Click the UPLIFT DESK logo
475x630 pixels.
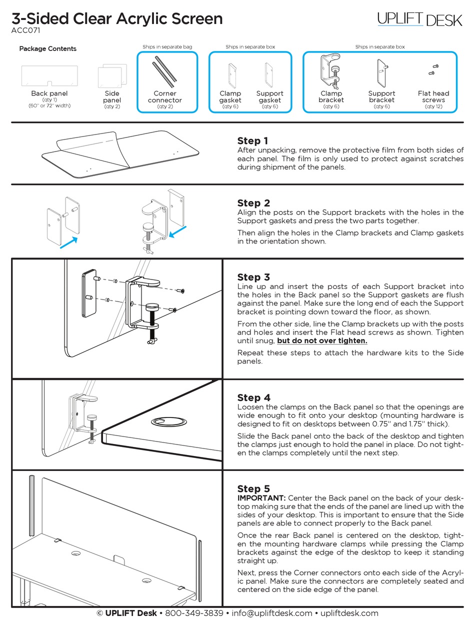[x=420, y=19]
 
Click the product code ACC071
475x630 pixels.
[x=25, y=30]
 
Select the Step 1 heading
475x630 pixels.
[x=252, y=141]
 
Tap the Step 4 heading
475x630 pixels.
[x=253, y=398]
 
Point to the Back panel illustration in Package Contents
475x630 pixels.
[x=49, y=76]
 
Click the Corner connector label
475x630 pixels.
[x=165, y=96]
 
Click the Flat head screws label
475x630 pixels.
[x=433, y=96]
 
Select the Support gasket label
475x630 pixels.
[x=269, y=96]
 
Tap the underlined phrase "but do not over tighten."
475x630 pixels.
[x=322, y=341]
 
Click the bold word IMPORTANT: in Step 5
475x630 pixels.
[x=261, y=498]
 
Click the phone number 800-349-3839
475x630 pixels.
[x=194, y=613]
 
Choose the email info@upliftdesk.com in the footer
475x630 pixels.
[x=272, y=613]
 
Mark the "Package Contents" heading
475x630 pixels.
[x=47, y=48]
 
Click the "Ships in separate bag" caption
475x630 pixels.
[x=167, y=46]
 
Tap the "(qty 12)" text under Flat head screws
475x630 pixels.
[x=433, y=106]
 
